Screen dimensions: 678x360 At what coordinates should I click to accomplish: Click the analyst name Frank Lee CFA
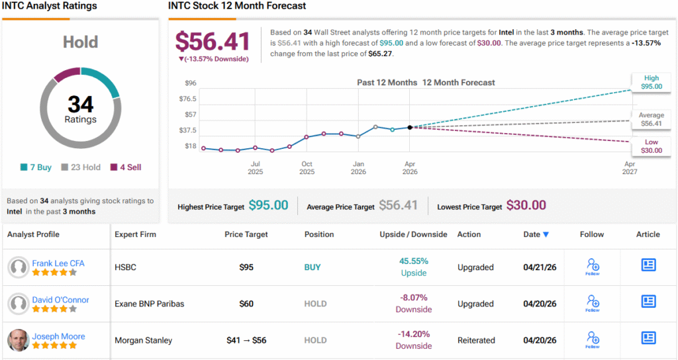tap(58, 263)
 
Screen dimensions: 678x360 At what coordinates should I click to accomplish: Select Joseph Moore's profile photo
tap(19, 340)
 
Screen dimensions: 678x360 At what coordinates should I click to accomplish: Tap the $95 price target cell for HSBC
tap(246, 267)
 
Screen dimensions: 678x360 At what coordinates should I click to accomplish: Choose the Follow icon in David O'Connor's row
tap(593, 303)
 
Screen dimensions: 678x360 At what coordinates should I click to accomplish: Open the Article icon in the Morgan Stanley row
tap(648, 337)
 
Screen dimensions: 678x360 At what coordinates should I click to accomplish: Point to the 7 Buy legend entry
tap(36, 167)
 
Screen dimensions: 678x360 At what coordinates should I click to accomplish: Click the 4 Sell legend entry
tap(126, 167)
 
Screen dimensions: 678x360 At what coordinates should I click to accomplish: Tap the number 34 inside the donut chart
tap(80, 104)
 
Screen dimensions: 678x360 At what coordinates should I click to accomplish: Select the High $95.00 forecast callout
tap(652, 82)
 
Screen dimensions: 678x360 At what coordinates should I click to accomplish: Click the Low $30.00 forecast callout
tap(652, 146)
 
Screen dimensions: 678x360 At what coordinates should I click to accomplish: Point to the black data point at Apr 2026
tap(409, 128)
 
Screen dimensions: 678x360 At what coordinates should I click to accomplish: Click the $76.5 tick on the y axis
tap(187, 99)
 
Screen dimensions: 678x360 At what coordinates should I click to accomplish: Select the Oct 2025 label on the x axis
tap(307, 167)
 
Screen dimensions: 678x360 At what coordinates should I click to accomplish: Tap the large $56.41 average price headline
tap(213, 42)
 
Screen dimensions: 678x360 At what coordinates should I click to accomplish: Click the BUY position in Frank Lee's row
tap(313, 267)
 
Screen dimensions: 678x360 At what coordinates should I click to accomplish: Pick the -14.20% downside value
tap(414, 334)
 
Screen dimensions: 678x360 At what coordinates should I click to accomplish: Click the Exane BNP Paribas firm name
tap(149, 304)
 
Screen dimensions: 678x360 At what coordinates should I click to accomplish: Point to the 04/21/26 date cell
tap(540, 267)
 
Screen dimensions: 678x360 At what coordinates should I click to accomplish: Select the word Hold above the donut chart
tap(80, 42)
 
